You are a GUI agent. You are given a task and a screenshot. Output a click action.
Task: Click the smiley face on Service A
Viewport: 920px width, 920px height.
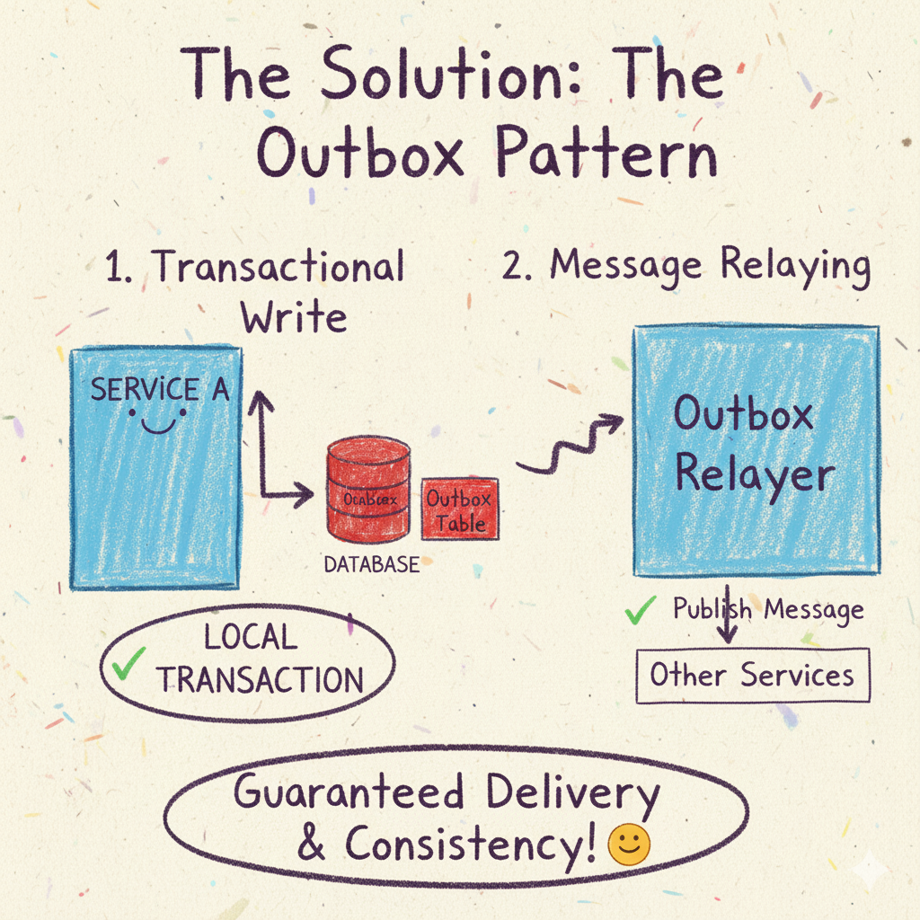157,420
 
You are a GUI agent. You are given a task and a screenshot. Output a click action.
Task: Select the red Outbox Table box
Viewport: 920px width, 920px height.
459,509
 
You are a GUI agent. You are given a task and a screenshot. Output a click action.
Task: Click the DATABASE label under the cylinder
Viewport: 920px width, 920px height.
371,565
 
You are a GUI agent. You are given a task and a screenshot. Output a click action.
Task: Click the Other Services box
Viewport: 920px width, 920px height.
752,675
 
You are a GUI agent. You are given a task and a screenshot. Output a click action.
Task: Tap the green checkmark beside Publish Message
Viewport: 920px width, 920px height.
640,612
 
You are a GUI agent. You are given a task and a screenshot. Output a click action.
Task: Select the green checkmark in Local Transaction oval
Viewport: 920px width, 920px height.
131,665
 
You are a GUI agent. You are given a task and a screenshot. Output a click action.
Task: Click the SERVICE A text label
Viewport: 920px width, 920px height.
160,390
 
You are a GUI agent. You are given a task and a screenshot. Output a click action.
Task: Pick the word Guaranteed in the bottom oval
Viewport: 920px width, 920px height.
349,794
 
